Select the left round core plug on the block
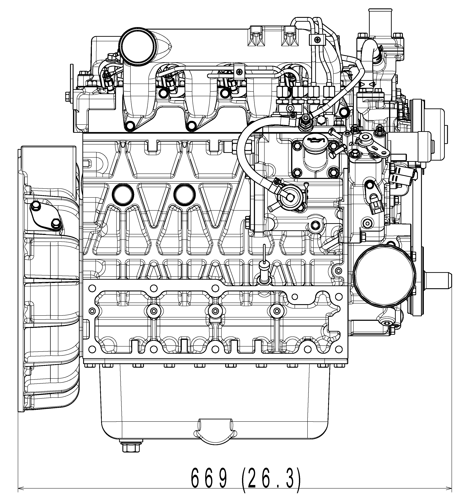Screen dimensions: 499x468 [x=123, y=194]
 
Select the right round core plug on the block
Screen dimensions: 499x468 [x=185, y=194]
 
